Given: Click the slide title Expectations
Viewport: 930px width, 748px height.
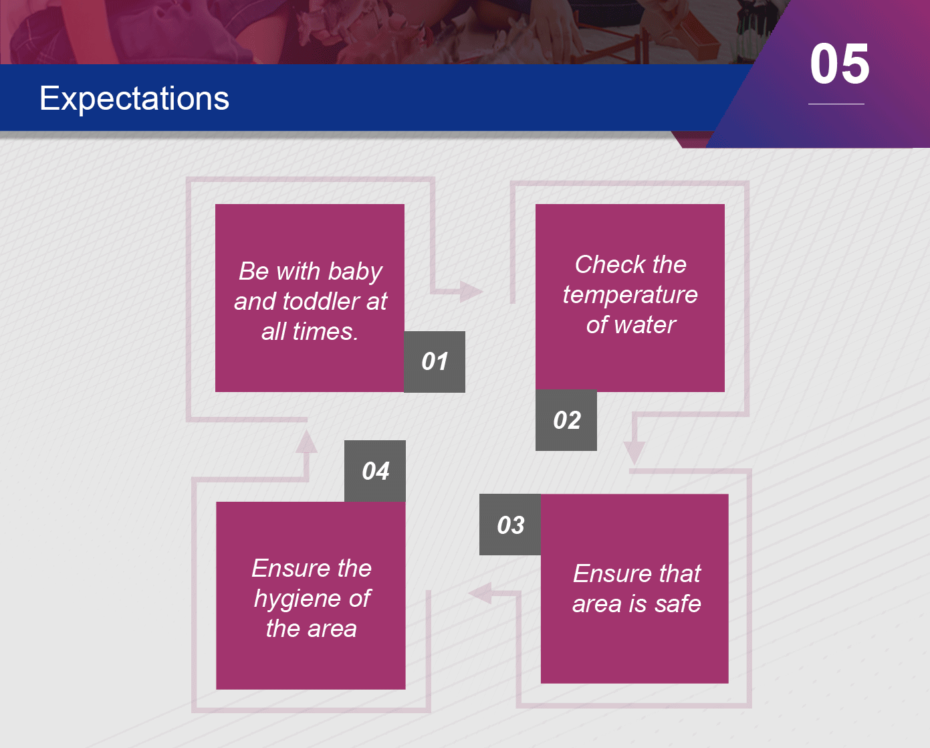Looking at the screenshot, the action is (x=134, y=99).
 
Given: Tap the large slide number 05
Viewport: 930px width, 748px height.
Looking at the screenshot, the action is (x=839, y=64).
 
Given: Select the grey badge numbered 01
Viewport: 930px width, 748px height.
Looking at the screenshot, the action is (x=435, y=362).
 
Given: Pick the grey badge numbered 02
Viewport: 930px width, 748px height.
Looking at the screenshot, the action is (x=566, y=420).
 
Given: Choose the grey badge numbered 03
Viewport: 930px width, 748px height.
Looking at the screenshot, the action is (x=510, y=525).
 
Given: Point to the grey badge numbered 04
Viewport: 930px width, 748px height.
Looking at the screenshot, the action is (x=374, y=471).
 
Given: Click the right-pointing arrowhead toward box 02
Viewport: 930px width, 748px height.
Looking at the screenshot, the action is (x=471, y=291).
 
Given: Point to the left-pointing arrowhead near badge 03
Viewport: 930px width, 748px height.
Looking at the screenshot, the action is (x=480, y=593).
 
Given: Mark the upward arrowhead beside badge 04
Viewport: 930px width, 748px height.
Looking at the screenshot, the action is (x=306, y=442).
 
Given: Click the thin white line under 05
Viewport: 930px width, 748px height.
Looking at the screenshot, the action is (x=836, y=104).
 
